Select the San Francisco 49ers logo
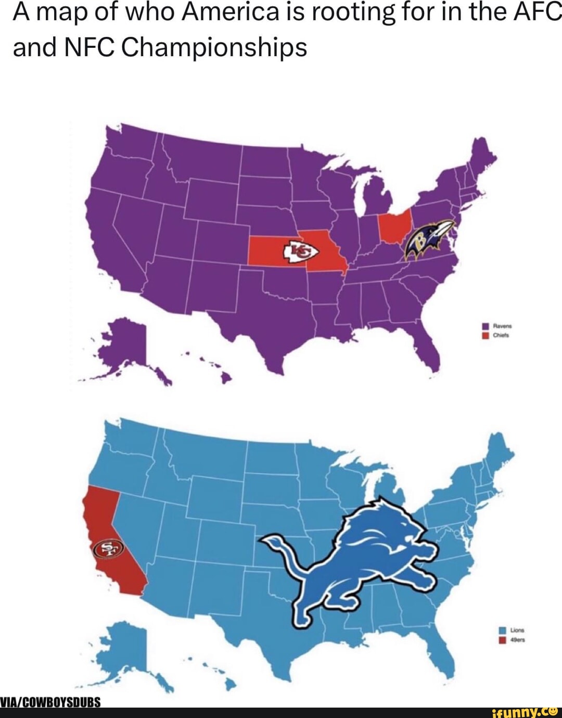107,549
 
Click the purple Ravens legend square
485,326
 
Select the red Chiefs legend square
485,336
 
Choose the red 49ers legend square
502,640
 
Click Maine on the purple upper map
481,156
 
